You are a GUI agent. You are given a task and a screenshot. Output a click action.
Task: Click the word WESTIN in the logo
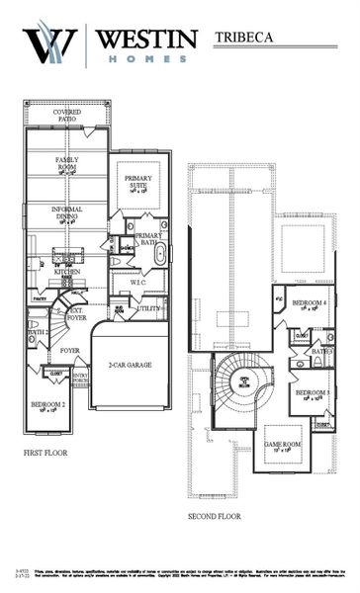(x=144, y=40)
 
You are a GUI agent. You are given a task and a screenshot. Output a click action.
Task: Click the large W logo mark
(x=49, y=43)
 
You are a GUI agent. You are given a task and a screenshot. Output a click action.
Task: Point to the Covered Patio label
(x=68, y=116)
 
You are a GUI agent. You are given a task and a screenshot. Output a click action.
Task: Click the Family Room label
(x=67, y=163)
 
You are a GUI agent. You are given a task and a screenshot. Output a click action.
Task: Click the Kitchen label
(x=67, y=271)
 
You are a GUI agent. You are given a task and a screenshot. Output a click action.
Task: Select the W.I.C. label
(x=137, y=282)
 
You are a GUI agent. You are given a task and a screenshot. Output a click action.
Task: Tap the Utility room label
(x=148, y=308)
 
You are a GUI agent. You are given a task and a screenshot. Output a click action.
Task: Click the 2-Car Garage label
(x=130, y=365)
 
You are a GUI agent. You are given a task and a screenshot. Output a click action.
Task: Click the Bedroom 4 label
(x=314, y=304)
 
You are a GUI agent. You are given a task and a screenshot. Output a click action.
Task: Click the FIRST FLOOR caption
(x=47, y=454)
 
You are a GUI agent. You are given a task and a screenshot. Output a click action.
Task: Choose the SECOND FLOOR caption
(x=215, y=516)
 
